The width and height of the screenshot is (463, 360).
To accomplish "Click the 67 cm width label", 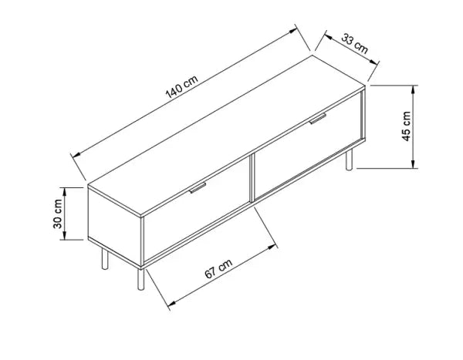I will pyautogui.click(x=219, y=269).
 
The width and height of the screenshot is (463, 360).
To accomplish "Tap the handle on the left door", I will pyautogui.click(x=198, y=188).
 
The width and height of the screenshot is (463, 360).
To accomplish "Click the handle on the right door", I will pyautogui.click(x=318, y=119).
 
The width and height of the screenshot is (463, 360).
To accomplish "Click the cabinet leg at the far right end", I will pyautogui.click(x=350, y=160).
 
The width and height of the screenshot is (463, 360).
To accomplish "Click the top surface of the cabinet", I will pyautogui.click(x=224, y=135).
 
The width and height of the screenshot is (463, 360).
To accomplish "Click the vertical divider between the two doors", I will pyautogui.click(x=252, y=179).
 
